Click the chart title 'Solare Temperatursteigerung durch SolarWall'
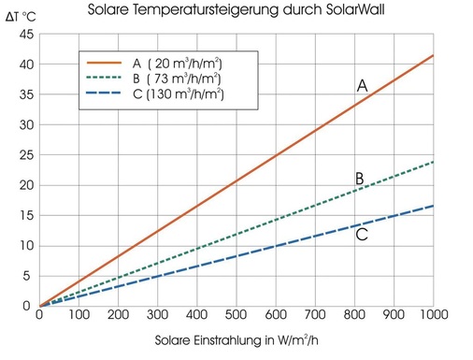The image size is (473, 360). [236, 12]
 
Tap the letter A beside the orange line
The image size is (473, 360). [362, 86]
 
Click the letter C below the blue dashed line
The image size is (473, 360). [362, 235]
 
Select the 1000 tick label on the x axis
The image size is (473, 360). [434, 318]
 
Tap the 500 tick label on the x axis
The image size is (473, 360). [236, 318]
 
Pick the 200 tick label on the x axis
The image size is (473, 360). [118, 318]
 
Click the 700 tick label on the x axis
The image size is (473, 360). [315, 318]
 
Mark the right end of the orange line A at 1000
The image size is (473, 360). [434, 55]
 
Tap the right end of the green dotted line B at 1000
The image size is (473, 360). [434, 162]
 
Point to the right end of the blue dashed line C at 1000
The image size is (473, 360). [434, 206]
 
